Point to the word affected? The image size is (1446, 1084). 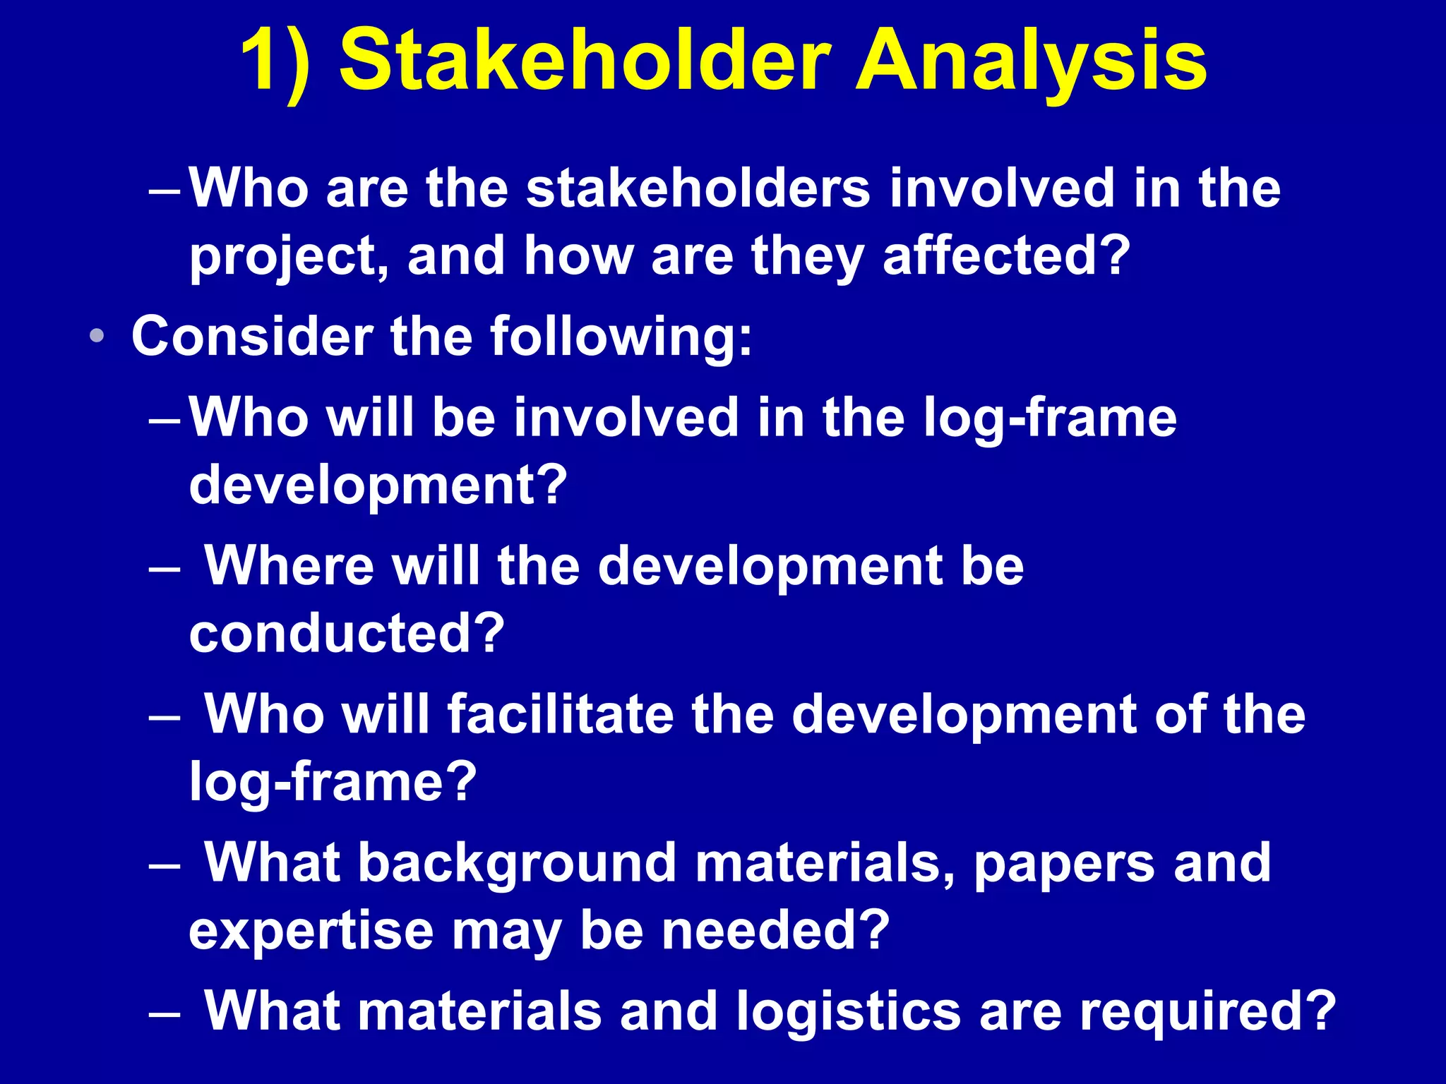(x=1007, y=255)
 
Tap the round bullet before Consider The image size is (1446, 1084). (x=97, y=336)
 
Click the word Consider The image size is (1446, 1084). (x=252, y=336)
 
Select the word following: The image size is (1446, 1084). (x=621, y=337)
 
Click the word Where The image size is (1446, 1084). (x=289, y=565)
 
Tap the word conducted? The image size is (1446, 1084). (x=347, y=632)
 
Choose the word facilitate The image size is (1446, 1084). (x=561, y=713)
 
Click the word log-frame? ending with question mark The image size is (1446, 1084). (x=333, y=782)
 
